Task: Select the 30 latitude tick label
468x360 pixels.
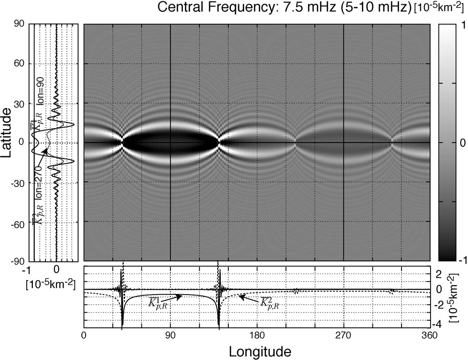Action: pos(18,103)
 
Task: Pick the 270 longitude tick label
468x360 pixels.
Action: pos(344,335)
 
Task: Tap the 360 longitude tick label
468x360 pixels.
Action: pos(430,335)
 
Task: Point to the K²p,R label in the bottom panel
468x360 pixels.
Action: pos(268,304)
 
